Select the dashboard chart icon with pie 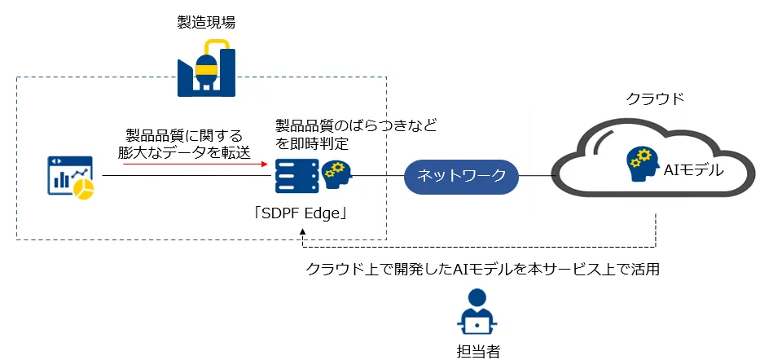(71, 176)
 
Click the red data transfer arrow (195, 165)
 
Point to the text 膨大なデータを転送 (183, 151)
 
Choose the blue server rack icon (296, 176)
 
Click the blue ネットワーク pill (460, 175)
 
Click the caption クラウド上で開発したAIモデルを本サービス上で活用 (481, 270)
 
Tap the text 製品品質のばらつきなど (356, 125)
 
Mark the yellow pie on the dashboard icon (84, 188)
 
